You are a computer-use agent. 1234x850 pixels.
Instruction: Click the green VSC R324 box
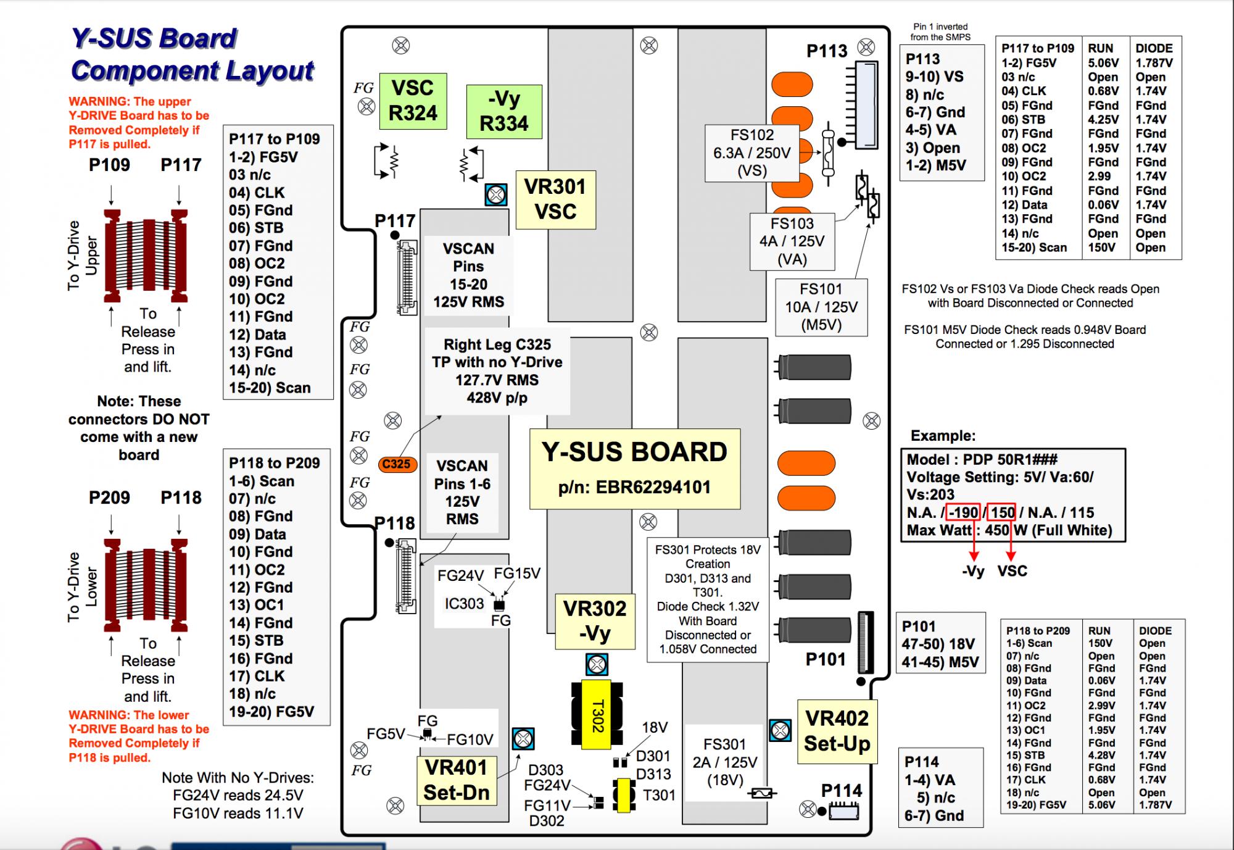tap(413, 101)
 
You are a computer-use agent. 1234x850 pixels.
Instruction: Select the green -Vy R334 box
tap(504, 112)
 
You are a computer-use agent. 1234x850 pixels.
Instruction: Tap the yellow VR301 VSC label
tap(555, 199)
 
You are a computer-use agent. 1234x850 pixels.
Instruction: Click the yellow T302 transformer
tap(597, 715)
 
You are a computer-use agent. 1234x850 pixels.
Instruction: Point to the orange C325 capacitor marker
tap(396, 464)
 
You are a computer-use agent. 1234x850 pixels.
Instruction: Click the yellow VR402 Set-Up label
tap(837, 731)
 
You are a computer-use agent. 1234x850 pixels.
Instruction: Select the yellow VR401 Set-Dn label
tap(457, 780)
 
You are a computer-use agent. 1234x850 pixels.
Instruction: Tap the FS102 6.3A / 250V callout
tap(752, 153)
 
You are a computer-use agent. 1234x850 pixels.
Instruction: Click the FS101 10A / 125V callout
tap(821, 307)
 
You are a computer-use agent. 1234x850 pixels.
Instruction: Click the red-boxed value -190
tap(963, 512)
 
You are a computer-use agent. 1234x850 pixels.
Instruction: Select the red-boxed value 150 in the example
tap(1002, 512)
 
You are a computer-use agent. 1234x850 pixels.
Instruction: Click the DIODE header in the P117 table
tap(1154, 48)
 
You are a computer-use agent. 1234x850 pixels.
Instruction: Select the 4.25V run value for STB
tap(1103, 119)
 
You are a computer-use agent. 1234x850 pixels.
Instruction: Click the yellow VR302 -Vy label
tap(595, 621)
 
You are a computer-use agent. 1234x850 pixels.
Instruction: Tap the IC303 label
tap(464, 603)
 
